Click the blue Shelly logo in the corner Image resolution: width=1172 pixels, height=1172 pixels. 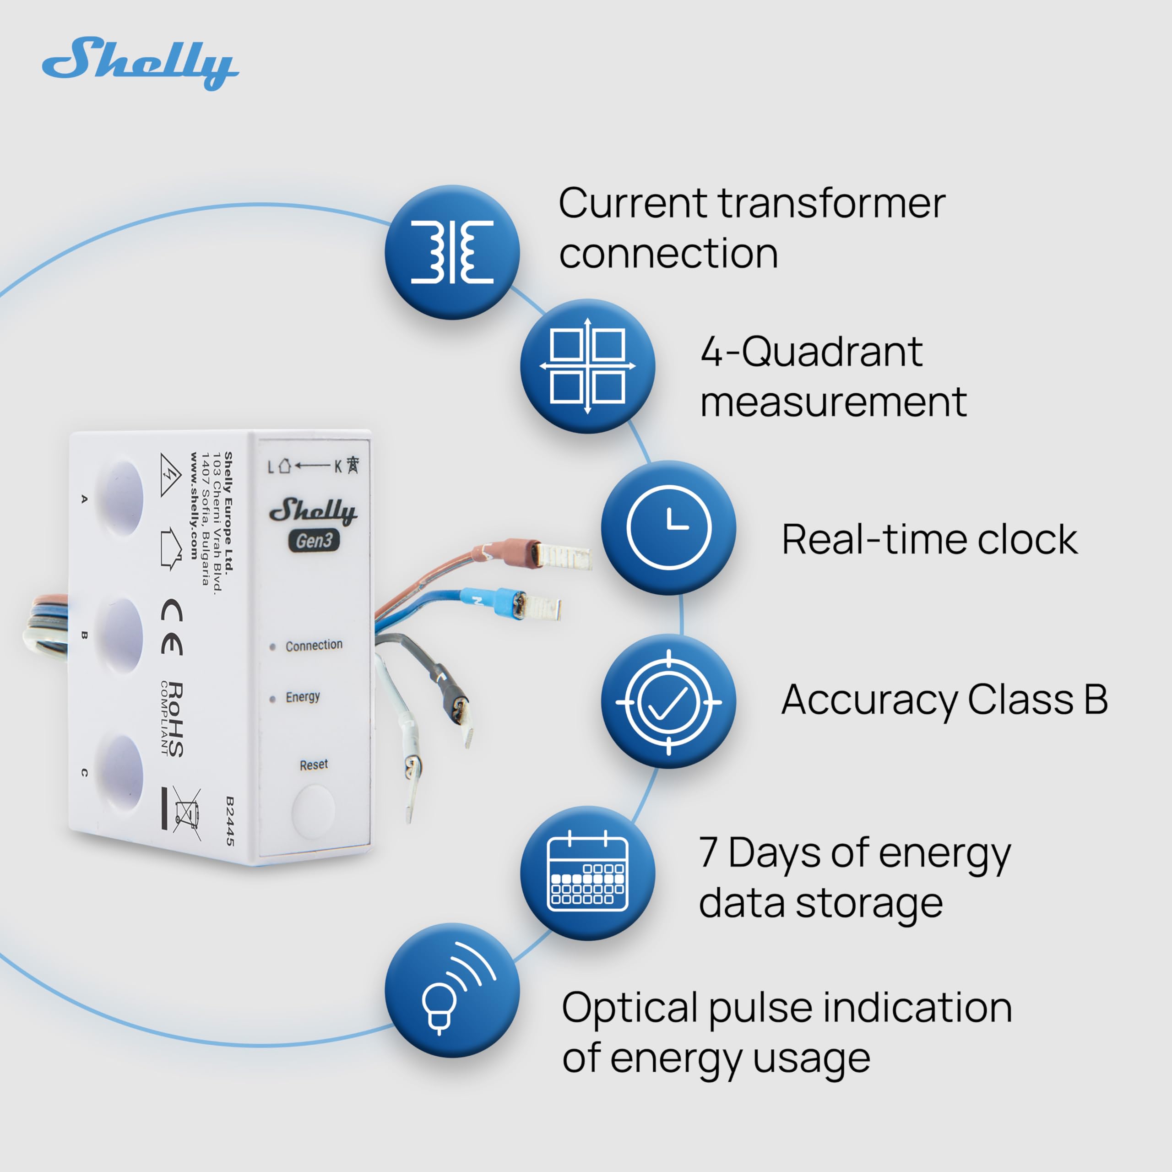[140, 64]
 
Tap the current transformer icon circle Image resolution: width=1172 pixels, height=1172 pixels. [452, 252]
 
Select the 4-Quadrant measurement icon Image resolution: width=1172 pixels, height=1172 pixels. [587, 366]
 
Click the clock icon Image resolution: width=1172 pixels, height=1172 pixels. [668, 528]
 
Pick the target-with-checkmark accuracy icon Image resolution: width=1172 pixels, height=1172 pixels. [668, 702]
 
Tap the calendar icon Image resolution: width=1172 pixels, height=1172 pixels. [587, 874]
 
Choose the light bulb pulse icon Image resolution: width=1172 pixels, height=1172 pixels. [452, 990]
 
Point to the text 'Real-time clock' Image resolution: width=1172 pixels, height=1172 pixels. [929, 539]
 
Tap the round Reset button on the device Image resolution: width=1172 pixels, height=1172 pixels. [314, 812]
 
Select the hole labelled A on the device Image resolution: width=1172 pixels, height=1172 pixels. [121, 498]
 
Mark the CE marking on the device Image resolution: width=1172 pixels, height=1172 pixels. [172, 627]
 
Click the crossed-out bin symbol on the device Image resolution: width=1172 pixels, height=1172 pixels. [187, 813]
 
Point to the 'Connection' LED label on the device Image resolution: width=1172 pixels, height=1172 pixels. [314, 646]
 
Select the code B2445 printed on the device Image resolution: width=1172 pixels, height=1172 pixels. [230, 822]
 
